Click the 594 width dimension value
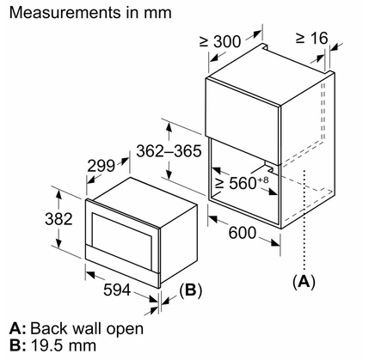(x=117, y=290)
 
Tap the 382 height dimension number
(x=58, y=219)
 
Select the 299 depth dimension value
(x=101, y=166)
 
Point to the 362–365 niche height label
(x=169, y=151)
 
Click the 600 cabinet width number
(x=243, y=233)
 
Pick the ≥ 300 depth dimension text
(x=220, y=41)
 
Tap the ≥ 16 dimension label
(x=311, y=38)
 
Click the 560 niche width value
(x=243, y=183)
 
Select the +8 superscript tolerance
(x=263, y=180)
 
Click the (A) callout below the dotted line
(x=304, y=282)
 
